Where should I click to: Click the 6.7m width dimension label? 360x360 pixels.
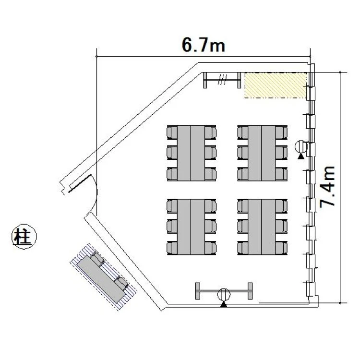pos(204,45)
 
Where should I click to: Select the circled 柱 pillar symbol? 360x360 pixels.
pos(24,237)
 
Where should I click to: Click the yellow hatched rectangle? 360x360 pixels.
pos(276,85)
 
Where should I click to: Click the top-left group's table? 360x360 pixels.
pos(191,153)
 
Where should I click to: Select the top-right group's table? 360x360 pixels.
pos(262,153)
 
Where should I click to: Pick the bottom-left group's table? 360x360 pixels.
pos(191,227)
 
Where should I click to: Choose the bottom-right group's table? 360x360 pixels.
pos(262,227)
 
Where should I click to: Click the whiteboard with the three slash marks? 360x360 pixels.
pos(222,80)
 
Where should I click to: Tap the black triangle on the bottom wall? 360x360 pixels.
pos(224,304)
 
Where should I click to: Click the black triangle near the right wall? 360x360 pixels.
pos(300,156)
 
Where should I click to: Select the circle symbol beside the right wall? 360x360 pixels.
pos(301,147)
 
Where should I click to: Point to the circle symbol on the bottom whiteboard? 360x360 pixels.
pos(224,294)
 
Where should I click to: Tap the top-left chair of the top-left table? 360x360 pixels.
pos(172,132)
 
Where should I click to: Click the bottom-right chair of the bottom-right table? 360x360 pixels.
pos(281,248)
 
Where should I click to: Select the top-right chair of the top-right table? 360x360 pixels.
pos(281,132)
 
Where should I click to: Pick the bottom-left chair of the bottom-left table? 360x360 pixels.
pos(172,248)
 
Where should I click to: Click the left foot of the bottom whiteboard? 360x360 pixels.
pos(198,291)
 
